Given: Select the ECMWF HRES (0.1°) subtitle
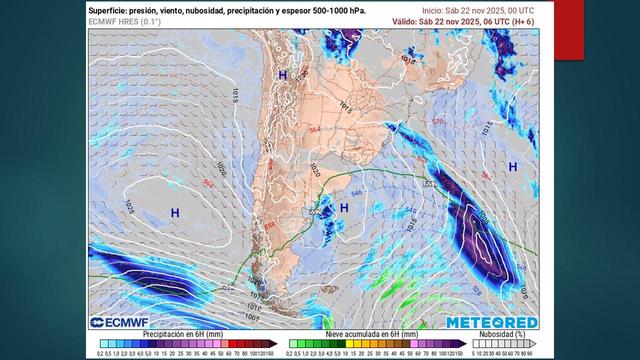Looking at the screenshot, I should tap(127, 20).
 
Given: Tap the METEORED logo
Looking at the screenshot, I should tap(491, 322).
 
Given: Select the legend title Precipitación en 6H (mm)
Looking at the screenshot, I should tap(183, 333).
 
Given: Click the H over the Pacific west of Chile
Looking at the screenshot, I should tap(175, 213).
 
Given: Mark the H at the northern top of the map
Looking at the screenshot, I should tap(283, 75).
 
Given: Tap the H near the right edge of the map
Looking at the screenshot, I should tap(513, 166).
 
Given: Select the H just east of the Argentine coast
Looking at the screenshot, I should tap(343, 207).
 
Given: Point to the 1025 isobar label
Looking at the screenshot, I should tap(130, 205).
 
